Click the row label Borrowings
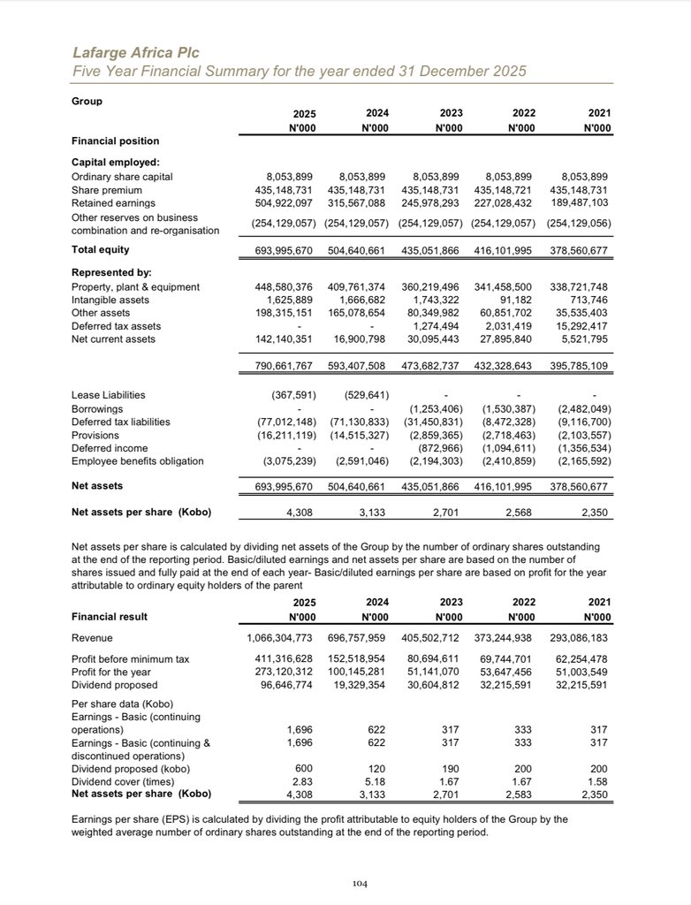coord(97,410)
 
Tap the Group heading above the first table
coord(87,101)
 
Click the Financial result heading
coord(109,617)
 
